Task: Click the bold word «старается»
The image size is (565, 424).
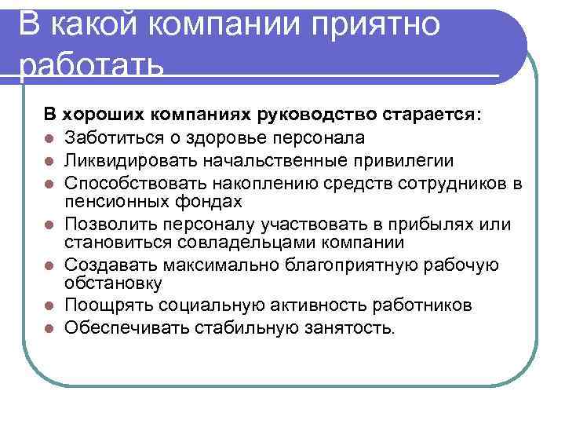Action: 432,115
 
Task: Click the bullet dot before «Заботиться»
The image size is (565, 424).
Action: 49,139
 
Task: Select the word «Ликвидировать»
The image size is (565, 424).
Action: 126,161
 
